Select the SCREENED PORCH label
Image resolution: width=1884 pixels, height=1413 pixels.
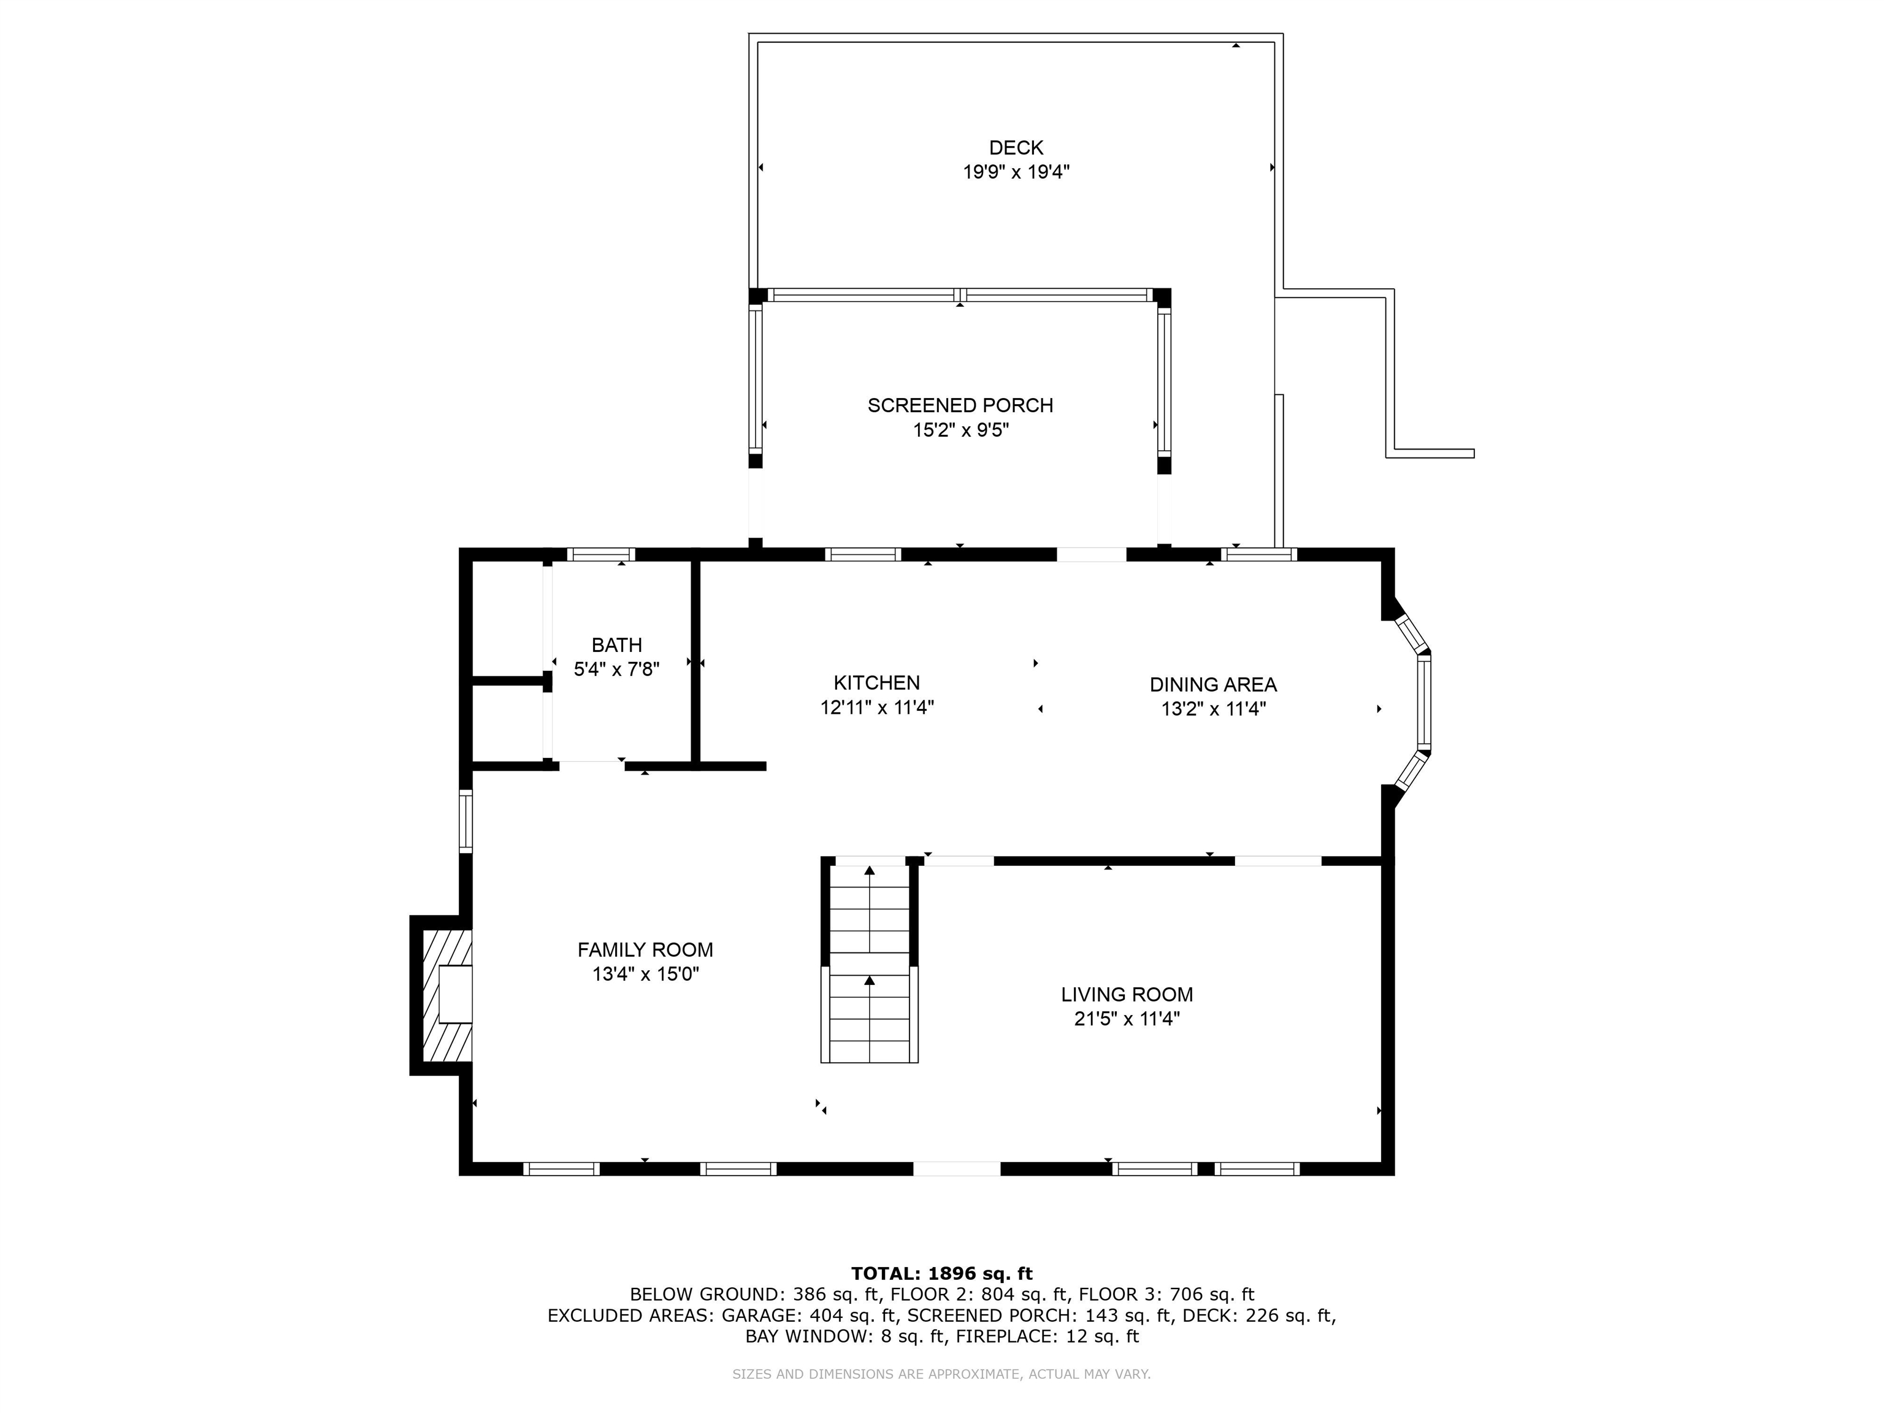tap(960, 405)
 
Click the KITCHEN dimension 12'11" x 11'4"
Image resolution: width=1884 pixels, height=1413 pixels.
tap(876, 707)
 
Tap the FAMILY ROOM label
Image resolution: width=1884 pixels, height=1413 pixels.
tap(645, 949)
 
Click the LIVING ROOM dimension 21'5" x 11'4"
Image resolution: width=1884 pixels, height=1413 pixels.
tap(1126, 1019)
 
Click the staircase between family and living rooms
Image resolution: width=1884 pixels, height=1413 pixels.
tap(869, 962)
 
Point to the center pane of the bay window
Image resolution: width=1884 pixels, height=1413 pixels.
tap(1424, 701)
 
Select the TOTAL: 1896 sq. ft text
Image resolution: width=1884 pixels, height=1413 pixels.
tap(941, 1273)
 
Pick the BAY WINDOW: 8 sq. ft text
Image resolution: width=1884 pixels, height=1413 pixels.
tap(845, 1336)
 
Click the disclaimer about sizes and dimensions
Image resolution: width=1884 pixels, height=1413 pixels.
tap(941, 1374)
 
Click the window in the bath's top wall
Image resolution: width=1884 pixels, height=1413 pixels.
tap(601, 554)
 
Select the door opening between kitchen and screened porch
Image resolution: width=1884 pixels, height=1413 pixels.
tap(1091, 554)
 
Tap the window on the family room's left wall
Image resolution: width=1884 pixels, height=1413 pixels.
tap(466, 821)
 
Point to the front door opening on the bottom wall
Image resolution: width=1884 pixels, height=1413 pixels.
tap(957, 1168)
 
